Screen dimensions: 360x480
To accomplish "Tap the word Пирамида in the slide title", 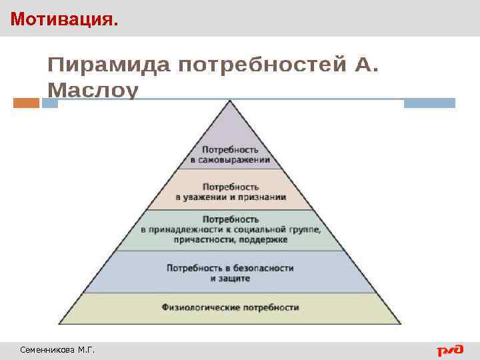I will click(107, 65).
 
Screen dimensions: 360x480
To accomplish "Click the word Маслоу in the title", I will click(93, 90).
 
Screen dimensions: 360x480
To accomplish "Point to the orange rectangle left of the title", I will click(26, 103).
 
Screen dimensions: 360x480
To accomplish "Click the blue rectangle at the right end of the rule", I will click(429, 103).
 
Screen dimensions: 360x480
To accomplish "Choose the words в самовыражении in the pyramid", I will click(230, 160).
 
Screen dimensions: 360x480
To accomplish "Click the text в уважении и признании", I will click(231, 197).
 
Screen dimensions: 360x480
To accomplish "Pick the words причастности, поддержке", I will click(230, 239).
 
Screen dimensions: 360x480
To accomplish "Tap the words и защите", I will click(230, 278).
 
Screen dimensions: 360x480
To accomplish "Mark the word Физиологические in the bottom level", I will click(201, 307).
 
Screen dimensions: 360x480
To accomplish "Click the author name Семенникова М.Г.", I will click(57, 349).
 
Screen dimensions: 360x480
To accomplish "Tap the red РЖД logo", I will click(450, 349).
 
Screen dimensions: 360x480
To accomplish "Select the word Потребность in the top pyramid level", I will click(230, 150).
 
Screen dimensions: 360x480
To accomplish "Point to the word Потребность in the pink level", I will click(230, 187).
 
